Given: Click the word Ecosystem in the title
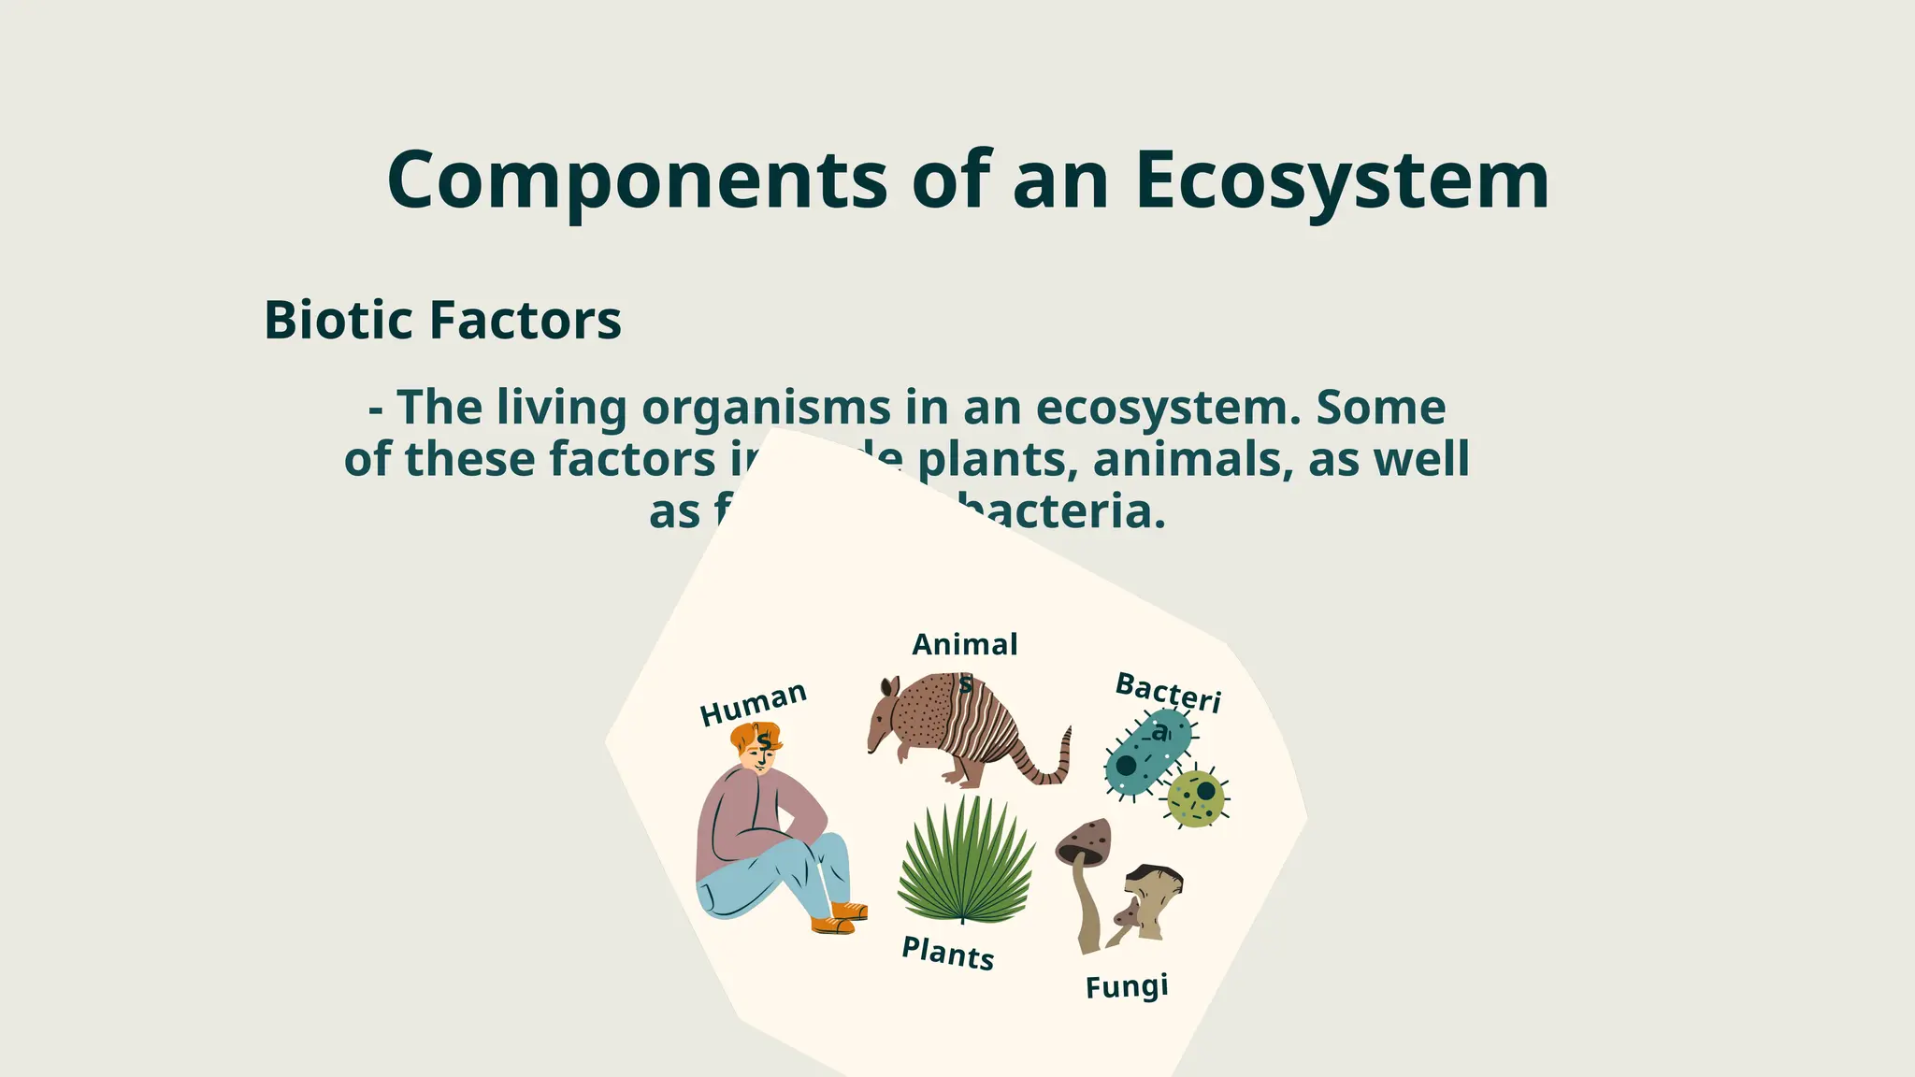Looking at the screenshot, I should tap(1342, 179).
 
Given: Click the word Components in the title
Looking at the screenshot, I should tap(636, 179).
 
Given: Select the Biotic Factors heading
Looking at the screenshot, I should tap(442, 320).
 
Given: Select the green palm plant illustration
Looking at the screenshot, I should tap(966, 860).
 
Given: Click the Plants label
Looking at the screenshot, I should tap(947, 954).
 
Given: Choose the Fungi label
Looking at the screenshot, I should tap(1127, 986).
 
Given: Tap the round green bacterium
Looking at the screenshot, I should tap(1196, 798).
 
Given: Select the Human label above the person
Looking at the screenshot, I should tap(753, 703).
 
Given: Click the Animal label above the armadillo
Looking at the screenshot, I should tap(964, 644).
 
